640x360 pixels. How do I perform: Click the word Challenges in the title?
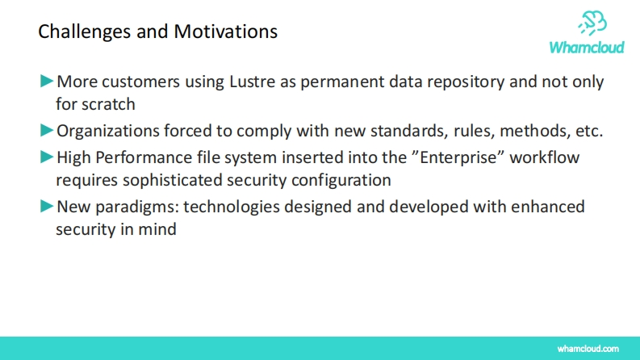tap(85, 32)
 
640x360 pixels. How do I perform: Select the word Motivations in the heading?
tap(226, 31)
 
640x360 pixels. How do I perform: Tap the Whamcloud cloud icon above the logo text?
tap(592, 23)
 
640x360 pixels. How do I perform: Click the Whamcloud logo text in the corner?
tap(587, 48)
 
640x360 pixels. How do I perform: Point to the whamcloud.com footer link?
tap(588, 349)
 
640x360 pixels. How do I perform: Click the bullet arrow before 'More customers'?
tap(47, 81)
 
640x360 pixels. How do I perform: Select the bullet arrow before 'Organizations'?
tap(47, 130)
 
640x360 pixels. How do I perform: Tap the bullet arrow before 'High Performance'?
tap(47, 157)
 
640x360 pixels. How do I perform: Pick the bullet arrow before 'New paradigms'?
tap(47, 206)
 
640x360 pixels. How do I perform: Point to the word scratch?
tap(108, 104)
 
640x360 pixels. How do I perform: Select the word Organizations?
tap(108, 132)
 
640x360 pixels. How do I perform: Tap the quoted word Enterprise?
tap(458, 157)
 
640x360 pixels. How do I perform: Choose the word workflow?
tap(545, 157)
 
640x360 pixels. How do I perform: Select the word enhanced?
tap(548, 207)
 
